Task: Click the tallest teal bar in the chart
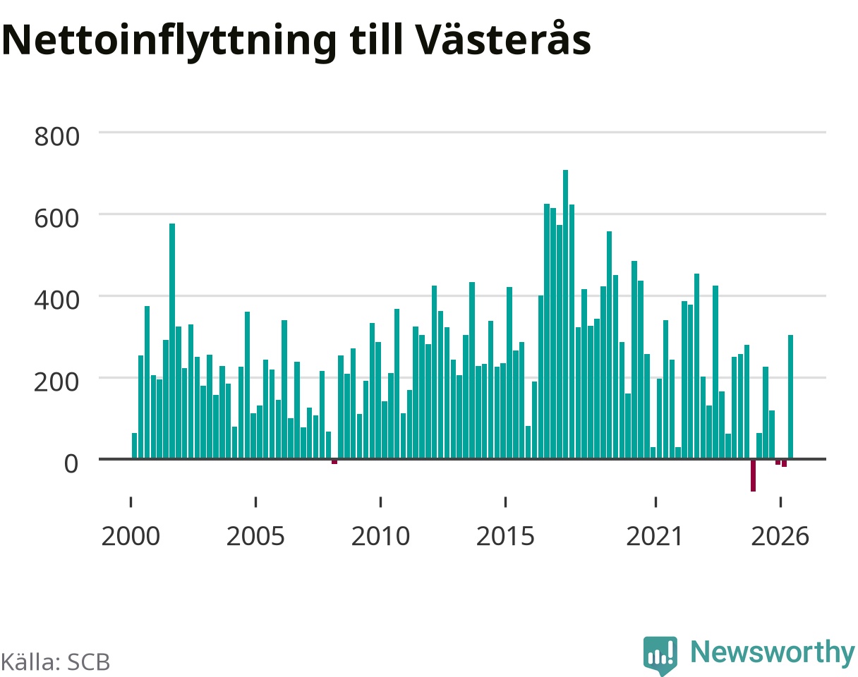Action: coord(565,315)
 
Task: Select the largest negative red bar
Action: coord(753,475)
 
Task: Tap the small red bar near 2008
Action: coord(334,462)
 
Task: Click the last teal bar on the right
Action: coord(790,397)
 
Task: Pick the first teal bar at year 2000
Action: coord(134,446)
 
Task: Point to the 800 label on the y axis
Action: coord(56,137)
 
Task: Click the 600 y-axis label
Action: coord(56,219)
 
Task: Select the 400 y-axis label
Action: coord(56,300)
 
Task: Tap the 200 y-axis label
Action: coord(56,382)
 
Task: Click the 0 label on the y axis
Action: coord(71,464)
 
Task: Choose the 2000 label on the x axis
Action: coord(131,537)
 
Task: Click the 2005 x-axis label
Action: coord(255,537)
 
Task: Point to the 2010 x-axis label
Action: coord(381,537)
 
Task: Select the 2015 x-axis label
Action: coord(505,537)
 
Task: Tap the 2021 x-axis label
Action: coord(655,537)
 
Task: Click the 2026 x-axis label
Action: coord(780,537)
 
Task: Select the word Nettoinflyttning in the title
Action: coord(169,42)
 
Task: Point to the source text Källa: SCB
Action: coord(56,662)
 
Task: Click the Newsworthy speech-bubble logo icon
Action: coord(660,654)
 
